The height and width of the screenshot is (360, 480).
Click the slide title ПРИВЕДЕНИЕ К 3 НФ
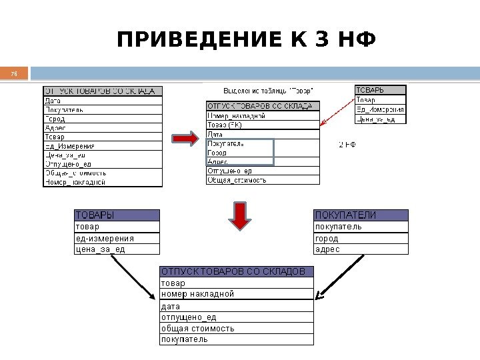246,41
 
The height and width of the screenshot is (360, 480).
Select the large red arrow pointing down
240,215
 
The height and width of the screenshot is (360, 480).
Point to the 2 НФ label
348,144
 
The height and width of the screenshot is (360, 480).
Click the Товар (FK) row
263,124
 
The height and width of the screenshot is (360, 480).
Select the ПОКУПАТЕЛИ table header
360,215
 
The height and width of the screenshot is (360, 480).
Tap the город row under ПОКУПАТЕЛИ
360,238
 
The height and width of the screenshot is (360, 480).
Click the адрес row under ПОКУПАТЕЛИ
360,249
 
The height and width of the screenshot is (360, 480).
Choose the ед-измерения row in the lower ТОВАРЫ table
117,238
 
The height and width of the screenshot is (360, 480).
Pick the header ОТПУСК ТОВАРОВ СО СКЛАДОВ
236,271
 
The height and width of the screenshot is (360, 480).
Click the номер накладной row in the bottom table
236,294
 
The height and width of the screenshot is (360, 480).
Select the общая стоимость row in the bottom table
236,328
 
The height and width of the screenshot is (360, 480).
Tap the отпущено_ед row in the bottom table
236,317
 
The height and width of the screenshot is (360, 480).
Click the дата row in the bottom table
236,306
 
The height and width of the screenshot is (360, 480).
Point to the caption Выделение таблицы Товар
269,89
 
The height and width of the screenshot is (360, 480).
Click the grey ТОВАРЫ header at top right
379,90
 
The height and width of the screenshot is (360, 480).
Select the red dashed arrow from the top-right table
337,110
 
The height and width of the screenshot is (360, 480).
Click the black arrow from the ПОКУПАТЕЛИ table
340,274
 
